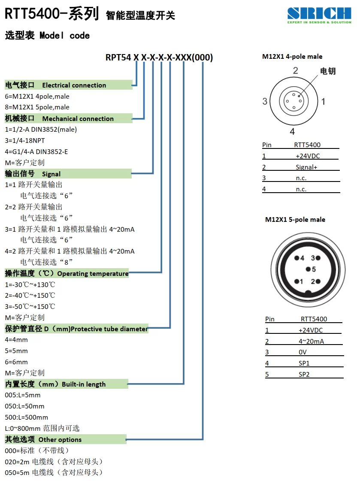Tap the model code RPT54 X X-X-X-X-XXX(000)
click(159, 57)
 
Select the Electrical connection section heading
click(55, 85)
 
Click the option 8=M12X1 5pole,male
click(37, 107)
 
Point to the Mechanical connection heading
click(59, 118)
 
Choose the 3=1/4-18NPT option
click(25, 140)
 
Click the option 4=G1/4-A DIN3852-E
click(36, 151)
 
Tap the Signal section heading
click(33, 174)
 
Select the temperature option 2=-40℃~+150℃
click(30, 295)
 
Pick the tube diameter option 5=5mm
click(16, 351)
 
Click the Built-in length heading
click(55, 384)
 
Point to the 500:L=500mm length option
click(26, 417)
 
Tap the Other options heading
click(43, 439)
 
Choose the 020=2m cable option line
click(54, 462)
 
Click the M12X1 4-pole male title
click(292, 57)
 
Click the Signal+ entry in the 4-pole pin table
click(306, 167)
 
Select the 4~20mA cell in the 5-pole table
click(311, 341)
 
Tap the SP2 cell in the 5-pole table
click(304, 374)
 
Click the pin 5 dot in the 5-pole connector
click(308, 269)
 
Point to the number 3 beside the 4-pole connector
click(265, 101)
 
